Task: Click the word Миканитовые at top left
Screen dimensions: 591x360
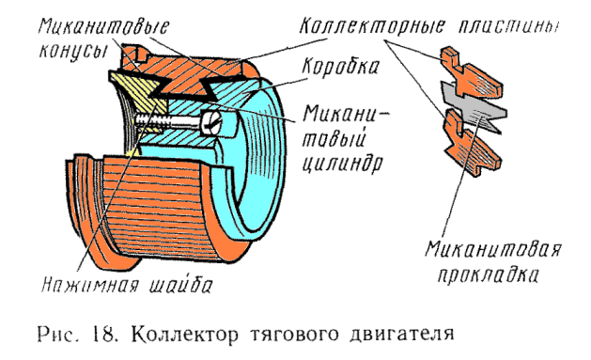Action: coord(103,27)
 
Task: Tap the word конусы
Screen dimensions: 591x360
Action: coord(72,52)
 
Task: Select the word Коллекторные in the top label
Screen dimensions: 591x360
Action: coord(372,26)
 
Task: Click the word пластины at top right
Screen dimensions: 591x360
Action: coord(508,26)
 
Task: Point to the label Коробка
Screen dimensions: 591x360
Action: coord(340,67)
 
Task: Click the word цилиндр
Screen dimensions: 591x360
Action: coord(342,164)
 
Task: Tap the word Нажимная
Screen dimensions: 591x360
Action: coord(89,285)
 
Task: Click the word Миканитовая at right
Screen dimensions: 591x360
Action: coord(494,249)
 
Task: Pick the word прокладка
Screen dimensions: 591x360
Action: coord(488,274)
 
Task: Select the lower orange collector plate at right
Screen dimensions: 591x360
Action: coord(471,145)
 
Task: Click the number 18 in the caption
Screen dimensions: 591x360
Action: coord(104,334)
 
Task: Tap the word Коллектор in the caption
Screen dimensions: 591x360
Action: coord(185,335)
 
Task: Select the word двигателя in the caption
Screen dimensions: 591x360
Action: coord(402,335)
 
